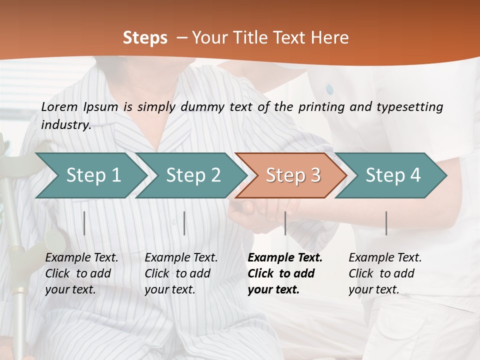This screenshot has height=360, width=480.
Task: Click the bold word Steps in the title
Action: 145,37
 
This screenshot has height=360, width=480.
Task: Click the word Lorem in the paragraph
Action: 59,106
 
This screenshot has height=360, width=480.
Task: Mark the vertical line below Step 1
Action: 84,223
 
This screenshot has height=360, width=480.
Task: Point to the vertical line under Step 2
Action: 184,223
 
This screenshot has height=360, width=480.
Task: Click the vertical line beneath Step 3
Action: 285,223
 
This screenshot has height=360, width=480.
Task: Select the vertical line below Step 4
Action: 386,223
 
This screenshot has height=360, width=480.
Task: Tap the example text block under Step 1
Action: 81,273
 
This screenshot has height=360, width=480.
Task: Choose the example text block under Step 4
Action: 385,273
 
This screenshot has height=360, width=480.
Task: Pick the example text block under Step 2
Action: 181,273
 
